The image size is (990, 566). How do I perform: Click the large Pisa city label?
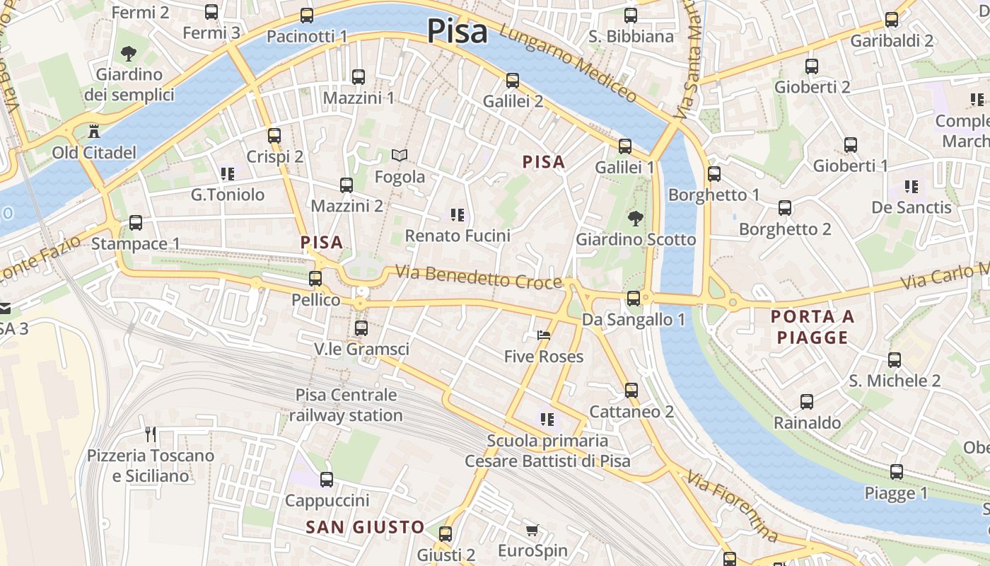click(457, 31)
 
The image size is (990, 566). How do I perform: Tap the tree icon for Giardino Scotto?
click(636, 218)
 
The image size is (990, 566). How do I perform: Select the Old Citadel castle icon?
click(93, 131)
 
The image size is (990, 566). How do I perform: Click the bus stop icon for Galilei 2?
click(513, 81)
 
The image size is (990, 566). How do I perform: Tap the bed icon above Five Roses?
click(543, 335)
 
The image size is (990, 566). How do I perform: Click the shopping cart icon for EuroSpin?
click(532, 530)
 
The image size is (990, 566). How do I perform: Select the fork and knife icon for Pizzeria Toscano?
click(151, 434)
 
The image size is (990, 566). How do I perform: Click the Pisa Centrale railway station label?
click(346, 405)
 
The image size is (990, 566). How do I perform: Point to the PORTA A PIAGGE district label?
click(813, 327)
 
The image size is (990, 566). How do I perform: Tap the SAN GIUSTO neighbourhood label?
click(365, 527)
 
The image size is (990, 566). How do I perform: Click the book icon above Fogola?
click(400, 155)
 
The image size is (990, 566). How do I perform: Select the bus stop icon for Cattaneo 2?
click(631, 390)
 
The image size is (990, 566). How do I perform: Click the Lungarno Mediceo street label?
click(568, 62)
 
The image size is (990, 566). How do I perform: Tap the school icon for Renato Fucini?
click(458, 214)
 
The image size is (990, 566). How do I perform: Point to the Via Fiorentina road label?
click(732, 507)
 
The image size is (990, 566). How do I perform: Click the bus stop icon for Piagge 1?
click(897, 472)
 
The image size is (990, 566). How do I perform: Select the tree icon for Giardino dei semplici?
click(129, 53)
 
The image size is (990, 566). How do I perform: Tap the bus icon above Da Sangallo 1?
click(634, 299)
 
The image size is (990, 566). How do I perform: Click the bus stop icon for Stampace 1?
click(136, 223)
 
